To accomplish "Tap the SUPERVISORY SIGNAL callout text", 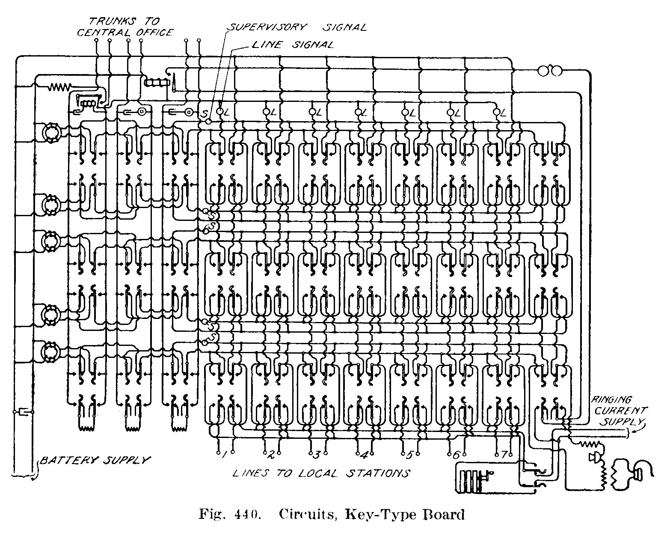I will pos(297,27).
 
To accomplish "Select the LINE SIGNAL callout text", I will pos(292,45).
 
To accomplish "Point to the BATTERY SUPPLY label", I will pos(95,460).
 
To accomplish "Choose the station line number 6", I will pos(456,455).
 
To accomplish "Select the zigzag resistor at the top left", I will pos(60,87).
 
